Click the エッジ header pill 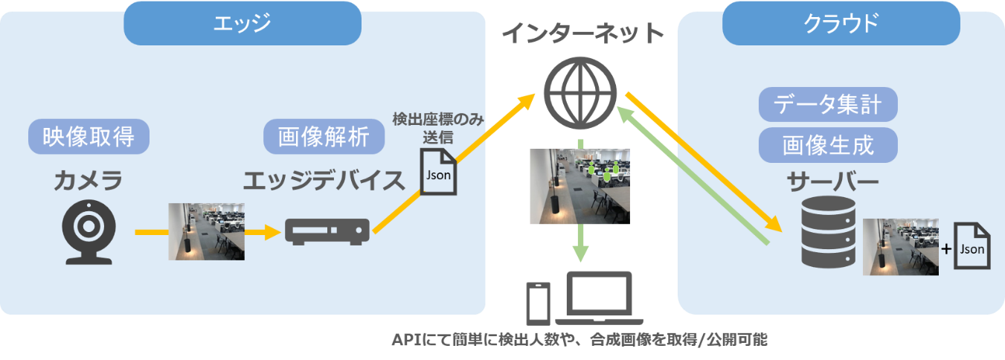(243, 23)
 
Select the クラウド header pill (841, 23)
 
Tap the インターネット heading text (582, 33)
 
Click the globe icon (580, 93)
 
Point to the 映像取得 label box (89, 136)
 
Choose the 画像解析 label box (324, 136)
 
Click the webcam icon (89, 232)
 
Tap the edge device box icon (327, 231)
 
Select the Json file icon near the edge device (438, 172)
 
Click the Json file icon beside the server (972, 246)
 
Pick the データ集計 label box (828, 105)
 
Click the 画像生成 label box (828, 145)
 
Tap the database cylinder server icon (828, 232)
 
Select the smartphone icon (539, 304)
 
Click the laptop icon (600, 298)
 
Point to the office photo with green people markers (579, 186)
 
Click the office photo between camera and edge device (206, 231)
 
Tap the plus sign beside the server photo (946, 248)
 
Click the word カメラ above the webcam (88, 181)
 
